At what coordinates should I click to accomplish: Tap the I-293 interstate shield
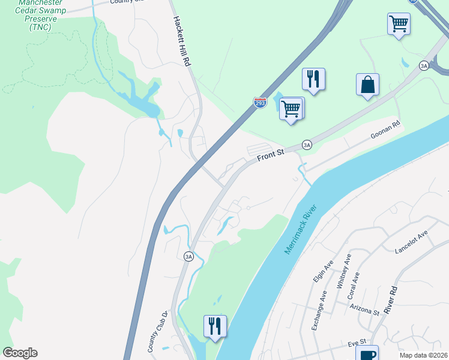(260, 103)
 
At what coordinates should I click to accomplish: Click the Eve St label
(357, 344)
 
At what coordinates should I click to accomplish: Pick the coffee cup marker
(367, 354)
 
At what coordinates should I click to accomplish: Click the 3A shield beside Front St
(307, 145)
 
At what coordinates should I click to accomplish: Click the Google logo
(20, 353)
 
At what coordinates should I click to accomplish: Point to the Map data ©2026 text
(424, 355)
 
